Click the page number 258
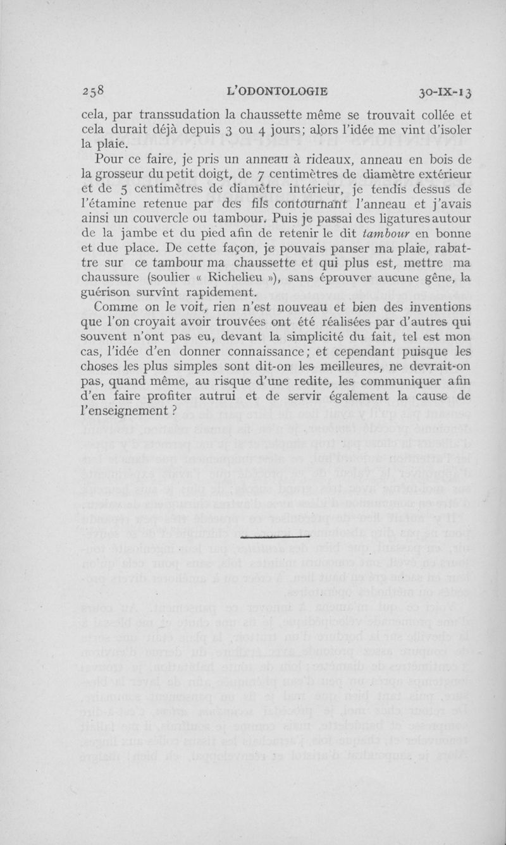click(97, 92)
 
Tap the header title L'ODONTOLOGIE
click(276, 92)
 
